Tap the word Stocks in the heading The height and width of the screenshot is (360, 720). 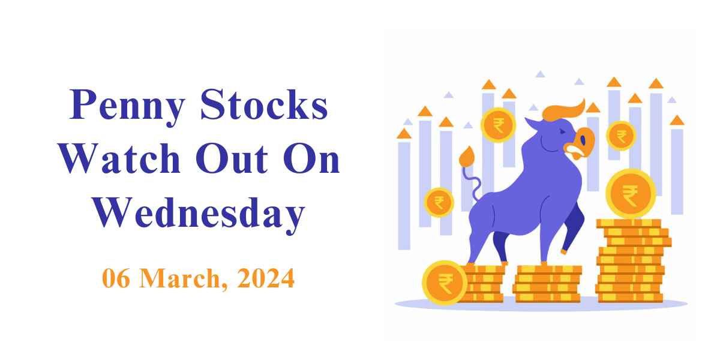[264, 104]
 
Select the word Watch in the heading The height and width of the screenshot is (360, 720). [119, 158]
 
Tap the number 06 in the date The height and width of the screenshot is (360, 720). [116, 278]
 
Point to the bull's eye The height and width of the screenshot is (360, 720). [562, 131]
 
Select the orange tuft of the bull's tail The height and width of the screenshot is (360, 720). [467, 157]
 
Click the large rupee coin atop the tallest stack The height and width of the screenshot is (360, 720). [631, 193]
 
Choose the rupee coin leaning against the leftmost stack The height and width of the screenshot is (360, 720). [445, 283]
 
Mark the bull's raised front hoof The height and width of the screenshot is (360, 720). [563, 251]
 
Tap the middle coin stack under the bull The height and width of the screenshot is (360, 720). [547, 284]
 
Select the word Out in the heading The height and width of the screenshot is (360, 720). [232, 158]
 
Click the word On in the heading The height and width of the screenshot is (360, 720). [311, 158]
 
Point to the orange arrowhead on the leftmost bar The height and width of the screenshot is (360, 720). [404, 134]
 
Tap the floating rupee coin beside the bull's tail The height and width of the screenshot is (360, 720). [439, 203]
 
